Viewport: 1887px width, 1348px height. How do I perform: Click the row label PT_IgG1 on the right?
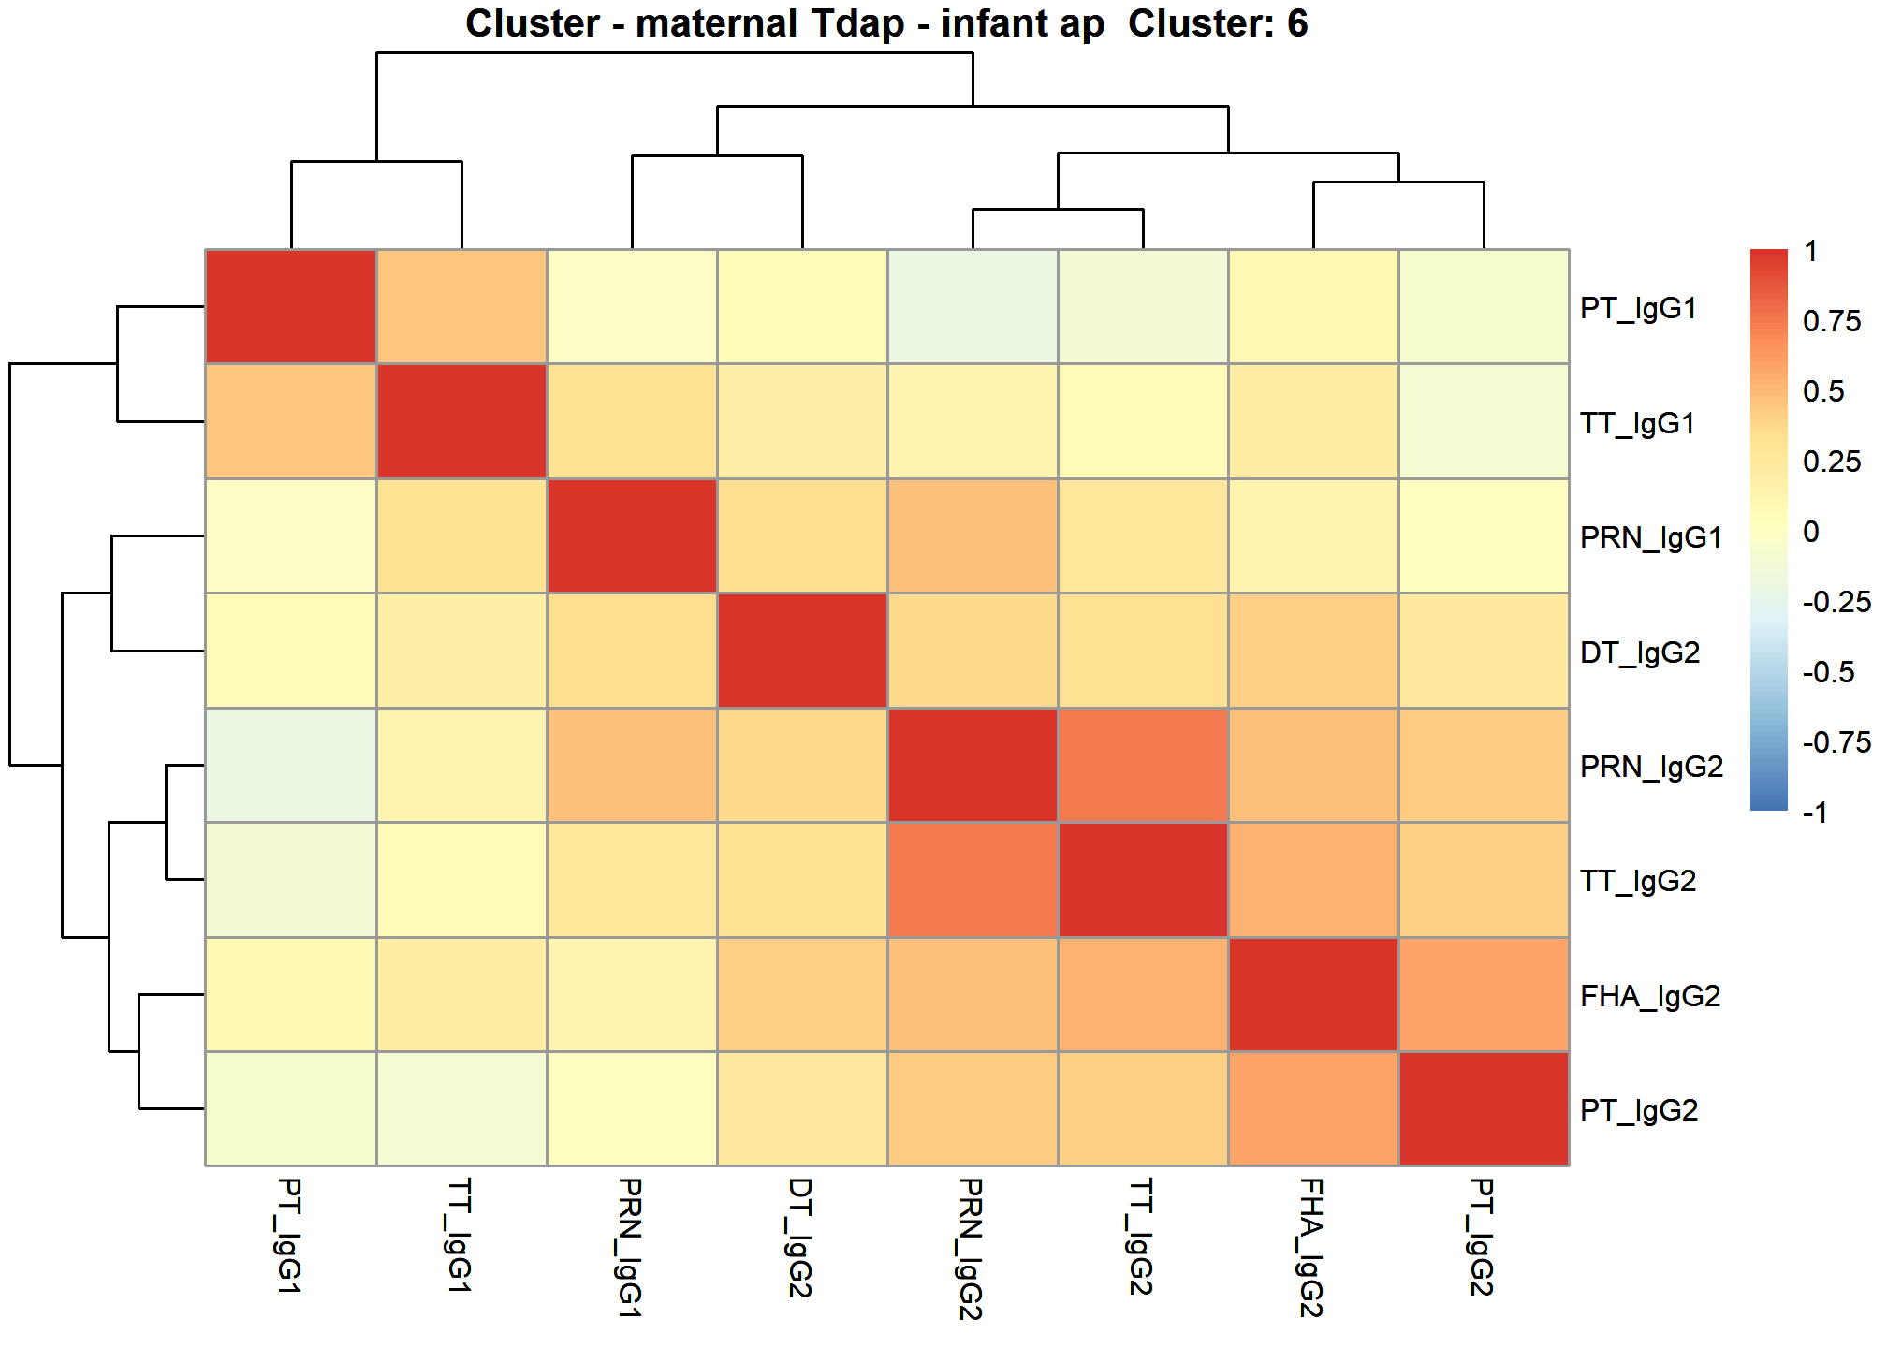pos(1638,308)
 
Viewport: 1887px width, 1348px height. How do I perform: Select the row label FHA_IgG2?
pos(1650,996)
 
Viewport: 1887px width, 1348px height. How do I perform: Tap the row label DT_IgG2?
pos(1640,652)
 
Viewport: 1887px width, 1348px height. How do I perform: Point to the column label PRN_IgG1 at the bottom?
pos(630,1247)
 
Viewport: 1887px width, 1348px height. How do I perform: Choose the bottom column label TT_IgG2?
pos(1141,1237)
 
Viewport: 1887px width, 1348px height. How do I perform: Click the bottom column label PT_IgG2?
pos(1482,1237)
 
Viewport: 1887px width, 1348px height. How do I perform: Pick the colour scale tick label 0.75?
pos(1832,321)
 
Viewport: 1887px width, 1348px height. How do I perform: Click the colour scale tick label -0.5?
pos(1828,672)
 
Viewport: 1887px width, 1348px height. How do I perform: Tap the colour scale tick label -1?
pos(1815,813)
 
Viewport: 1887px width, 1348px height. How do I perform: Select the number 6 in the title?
pos(1297,23)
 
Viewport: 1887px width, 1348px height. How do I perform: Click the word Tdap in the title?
pos(858,23)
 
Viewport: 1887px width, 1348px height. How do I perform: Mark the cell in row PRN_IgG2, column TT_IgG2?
pos(1143,766)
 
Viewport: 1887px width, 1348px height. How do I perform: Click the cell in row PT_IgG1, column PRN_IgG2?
pos(973,307)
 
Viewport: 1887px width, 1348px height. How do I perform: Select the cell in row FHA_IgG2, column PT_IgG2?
pos(1484,995)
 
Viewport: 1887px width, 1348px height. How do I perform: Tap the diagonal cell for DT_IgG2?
pos(802,651)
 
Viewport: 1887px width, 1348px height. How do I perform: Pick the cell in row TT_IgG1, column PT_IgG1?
pos(291,421)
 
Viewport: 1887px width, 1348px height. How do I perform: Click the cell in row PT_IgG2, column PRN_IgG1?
pos(632,1109)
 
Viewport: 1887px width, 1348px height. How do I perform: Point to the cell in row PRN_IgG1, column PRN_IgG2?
pos(973,536)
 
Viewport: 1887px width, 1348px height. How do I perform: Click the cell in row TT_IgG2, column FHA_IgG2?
pos(1313,880)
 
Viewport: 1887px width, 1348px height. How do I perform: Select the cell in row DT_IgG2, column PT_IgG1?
pos(291,651)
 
